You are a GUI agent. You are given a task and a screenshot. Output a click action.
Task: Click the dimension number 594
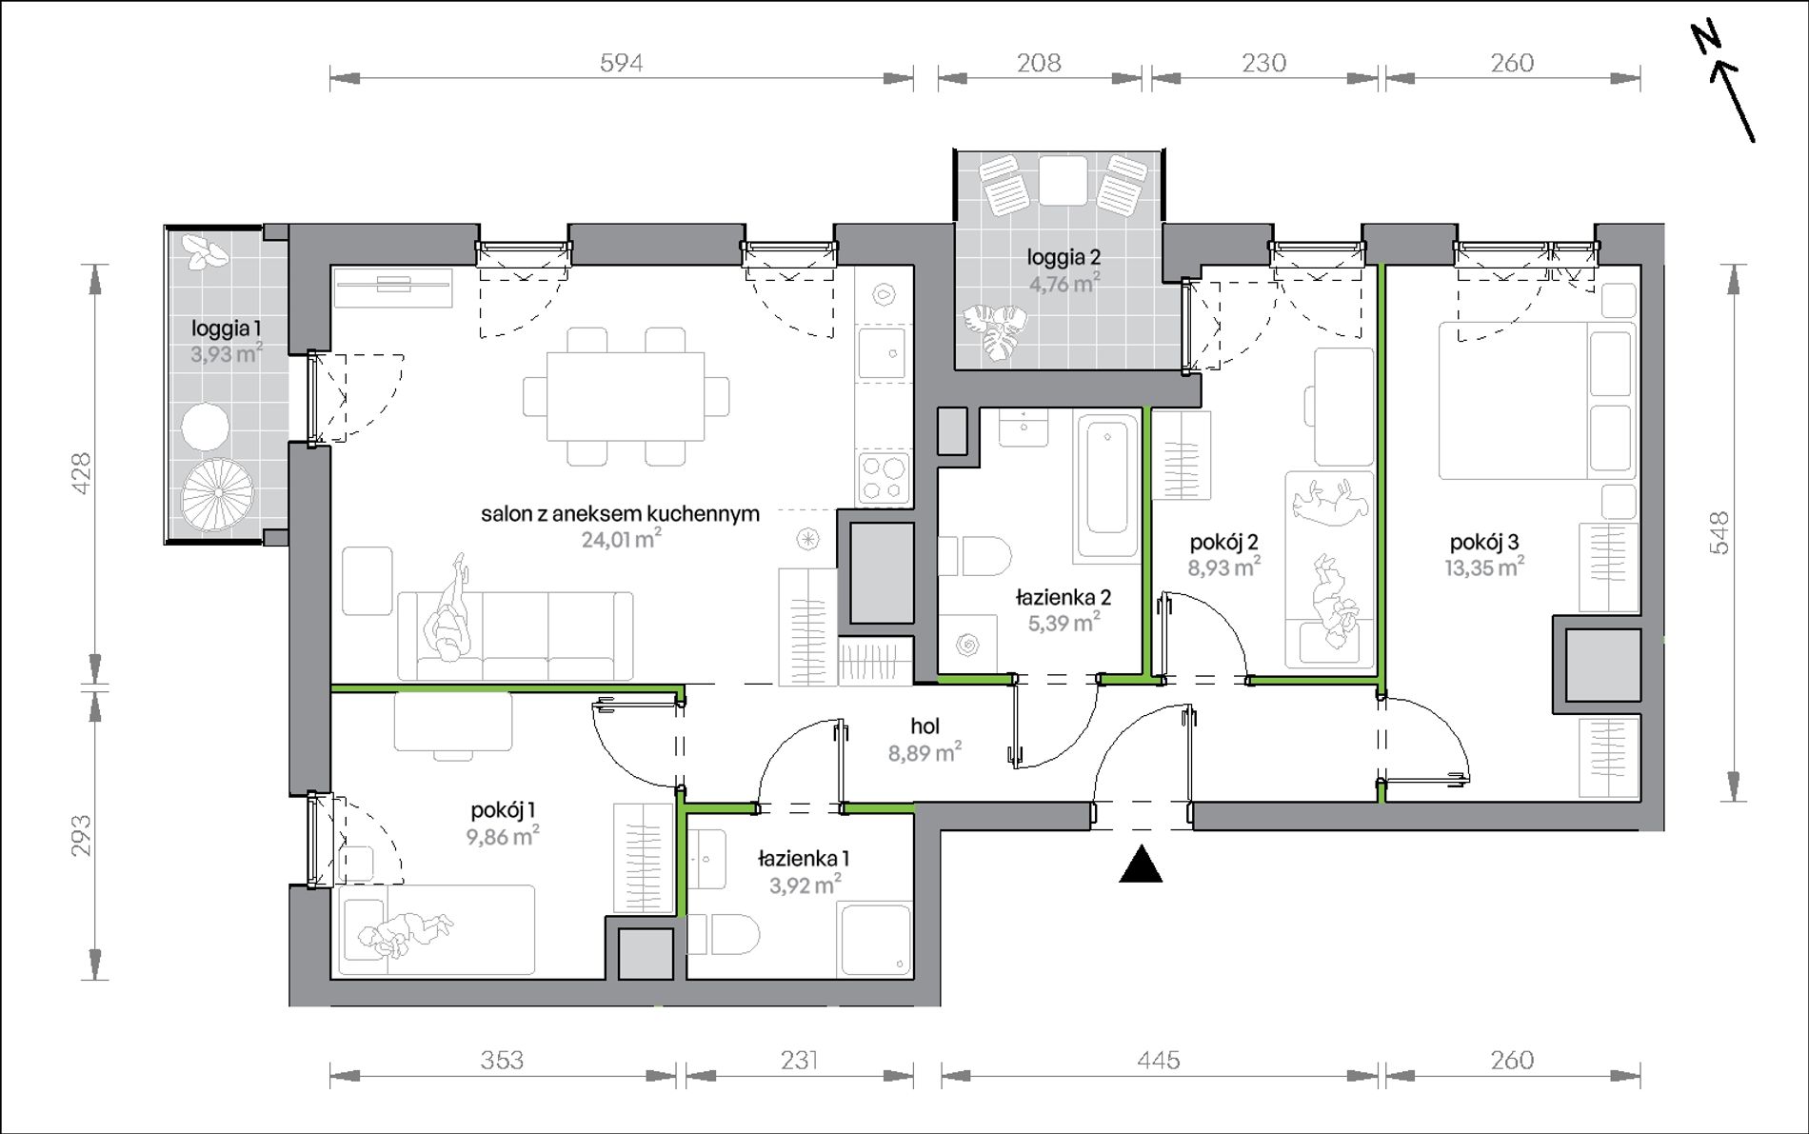(621, 63)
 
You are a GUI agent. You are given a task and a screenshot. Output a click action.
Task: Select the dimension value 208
(1039, 63)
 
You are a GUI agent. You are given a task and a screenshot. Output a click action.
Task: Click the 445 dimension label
(1159, 1060)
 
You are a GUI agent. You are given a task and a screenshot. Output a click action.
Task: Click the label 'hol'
(924, 726)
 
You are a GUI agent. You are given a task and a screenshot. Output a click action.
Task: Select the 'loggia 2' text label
(1064, 257)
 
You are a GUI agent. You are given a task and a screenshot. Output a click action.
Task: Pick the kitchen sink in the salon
(885, 353)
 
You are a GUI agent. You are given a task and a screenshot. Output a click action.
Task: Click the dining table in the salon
(626, 395)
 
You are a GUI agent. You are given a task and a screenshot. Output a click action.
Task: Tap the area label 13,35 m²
(1483, 568)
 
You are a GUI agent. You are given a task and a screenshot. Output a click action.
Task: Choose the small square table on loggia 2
(1063, 180)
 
